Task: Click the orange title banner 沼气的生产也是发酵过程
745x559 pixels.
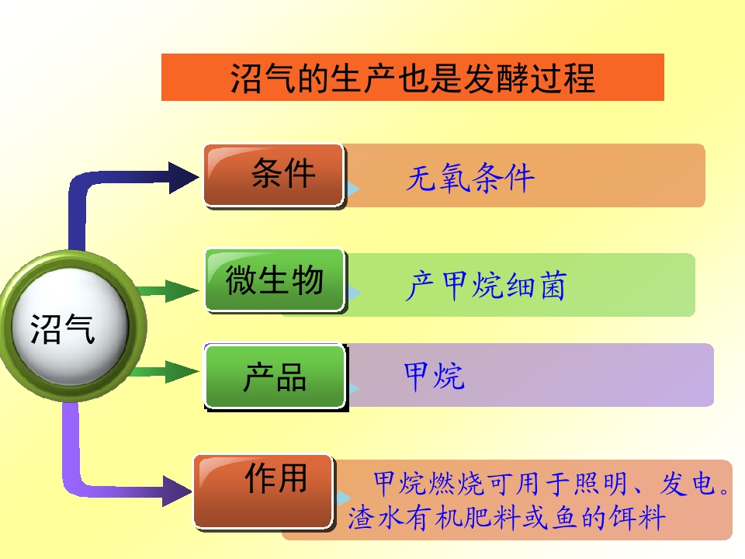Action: (x=412, y=77)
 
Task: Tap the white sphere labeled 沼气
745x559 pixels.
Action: (x=71, y=326)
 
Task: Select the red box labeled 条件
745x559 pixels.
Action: (x=274, y=175)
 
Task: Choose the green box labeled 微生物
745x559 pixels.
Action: (x=275, y=280)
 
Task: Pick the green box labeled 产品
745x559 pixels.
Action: (x=275, y=376)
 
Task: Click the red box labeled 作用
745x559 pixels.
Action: (x=264, y=491)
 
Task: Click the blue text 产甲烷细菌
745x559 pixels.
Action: (x=486, y=286)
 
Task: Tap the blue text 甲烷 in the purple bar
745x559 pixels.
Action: (x=433, y=376)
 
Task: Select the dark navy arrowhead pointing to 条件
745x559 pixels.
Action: (x=183, y=177)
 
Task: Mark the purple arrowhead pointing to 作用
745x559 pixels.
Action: (x=177, y=491)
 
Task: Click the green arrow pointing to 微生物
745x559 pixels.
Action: (x=166, y=290)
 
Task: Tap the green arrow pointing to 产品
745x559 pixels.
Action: (x=165, y=371)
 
